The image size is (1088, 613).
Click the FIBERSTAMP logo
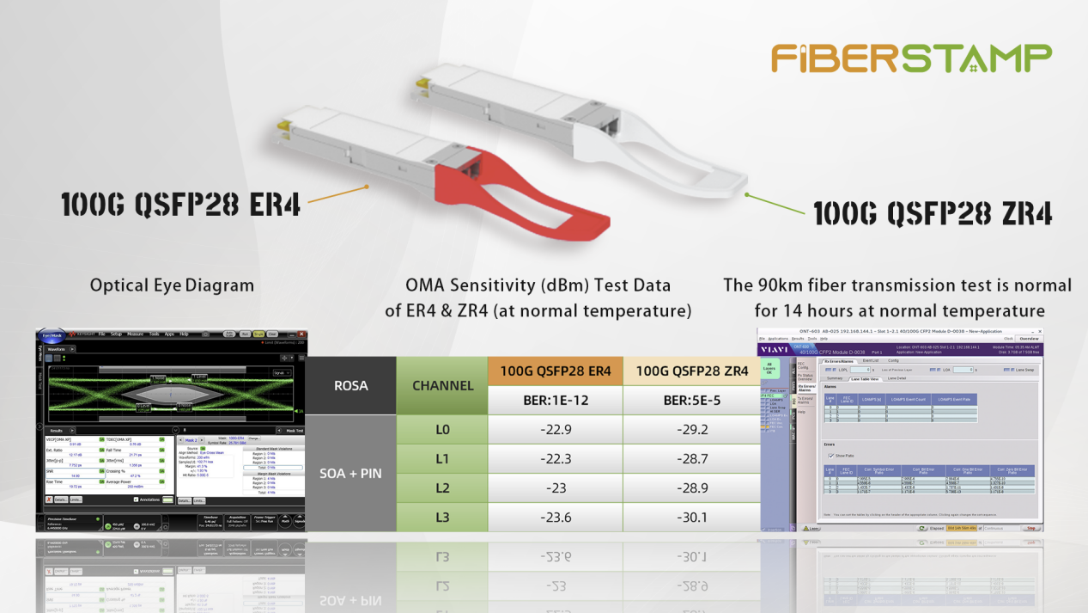tap(910, 58)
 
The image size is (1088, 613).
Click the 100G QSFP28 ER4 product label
tap(180, 205)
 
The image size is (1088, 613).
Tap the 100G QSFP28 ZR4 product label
tap(933, 213)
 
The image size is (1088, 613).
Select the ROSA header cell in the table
tap(350, 385)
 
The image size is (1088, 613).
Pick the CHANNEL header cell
tap(442, 385)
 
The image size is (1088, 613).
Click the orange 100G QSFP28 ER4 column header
tap(555, 371)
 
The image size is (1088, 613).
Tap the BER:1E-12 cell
tap(555, 400)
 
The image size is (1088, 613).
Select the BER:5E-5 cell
tap(691, 400)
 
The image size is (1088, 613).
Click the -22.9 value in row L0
tap(555, 429)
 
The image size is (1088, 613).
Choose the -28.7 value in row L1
tap(691, 458)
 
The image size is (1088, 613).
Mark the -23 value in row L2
tap(555, 487)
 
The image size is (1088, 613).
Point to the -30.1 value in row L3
tap(691, 517)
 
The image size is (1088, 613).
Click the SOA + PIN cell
tap(350, 473)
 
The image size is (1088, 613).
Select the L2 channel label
tap(442, 487)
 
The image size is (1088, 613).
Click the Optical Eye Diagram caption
tap(172, 285)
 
